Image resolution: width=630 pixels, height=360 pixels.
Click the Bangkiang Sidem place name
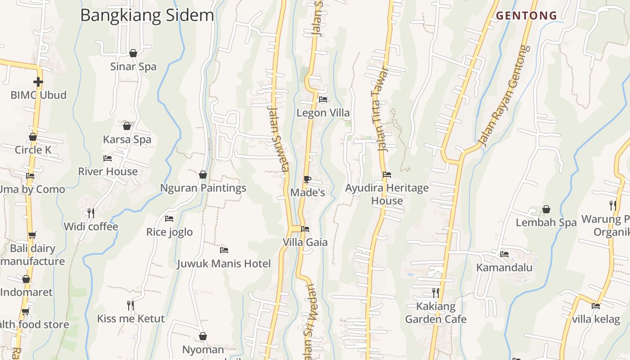click(147, 15)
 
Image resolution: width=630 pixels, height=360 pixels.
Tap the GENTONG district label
click(526, 16)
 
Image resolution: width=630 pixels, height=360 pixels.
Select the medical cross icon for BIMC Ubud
click(38, 82)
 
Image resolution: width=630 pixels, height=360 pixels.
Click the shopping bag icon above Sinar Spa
click(133, 53)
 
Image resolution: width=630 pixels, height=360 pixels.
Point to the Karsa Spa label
click(127, 139)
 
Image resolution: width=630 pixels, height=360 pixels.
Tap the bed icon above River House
click(108, 158)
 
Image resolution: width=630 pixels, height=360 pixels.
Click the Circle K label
click(33, 150)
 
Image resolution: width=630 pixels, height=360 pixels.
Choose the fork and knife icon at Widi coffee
click(91, 213)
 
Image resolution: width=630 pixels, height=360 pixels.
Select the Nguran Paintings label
click(203, 188)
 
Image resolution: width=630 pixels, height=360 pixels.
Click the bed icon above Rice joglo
click(169, 219)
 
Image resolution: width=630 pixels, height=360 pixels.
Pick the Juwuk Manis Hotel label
click(224, 264)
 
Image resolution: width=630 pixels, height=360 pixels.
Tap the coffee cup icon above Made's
click(307, 180)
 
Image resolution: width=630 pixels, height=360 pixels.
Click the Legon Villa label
click(323, 113)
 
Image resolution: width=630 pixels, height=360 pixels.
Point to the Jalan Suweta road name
click(278, 139)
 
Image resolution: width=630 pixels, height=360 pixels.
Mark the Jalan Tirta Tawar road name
click(379, 109)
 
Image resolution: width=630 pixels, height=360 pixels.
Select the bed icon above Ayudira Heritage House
click(387, 175)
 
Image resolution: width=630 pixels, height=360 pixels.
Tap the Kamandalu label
click(504, 268)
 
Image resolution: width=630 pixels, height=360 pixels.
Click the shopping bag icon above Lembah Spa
click(546, 209)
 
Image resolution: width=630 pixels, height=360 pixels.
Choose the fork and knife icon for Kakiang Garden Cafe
click(435, 293)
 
